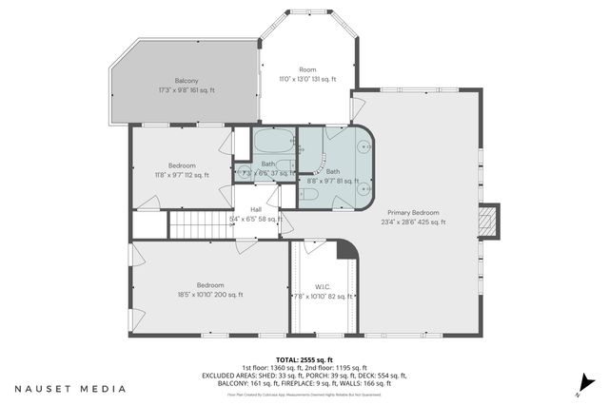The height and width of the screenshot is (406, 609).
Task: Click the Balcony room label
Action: click(x=187, y=81)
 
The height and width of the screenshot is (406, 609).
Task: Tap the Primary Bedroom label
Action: click(x=412, y=212)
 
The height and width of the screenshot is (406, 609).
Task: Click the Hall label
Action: click(x=256, y=209)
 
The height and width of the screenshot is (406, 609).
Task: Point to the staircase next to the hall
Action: click(x=200, y=225)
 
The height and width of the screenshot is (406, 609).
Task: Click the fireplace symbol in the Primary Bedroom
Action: click(x=489, y=222)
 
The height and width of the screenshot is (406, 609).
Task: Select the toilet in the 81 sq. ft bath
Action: click(x=308, y=194)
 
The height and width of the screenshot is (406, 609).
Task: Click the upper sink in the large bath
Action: click(x=363, y=147)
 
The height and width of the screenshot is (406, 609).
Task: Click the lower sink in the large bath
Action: click(x=363, y=188)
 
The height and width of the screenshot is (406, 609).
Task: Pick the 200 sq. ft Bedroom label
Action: click(x=210, y=285)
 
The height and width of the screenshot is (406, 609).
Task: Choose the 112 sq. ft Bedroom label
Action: click(x=182, y=165)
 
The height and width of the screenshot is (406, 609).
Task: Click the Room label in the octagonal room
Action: click(x=307, y=69)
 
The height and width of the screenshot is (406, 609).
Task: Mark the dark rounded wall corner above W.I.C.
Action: click(x=347, y=248)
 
